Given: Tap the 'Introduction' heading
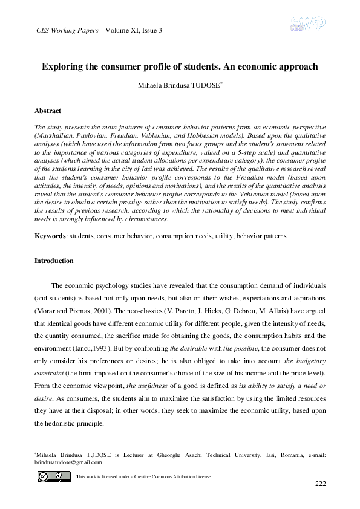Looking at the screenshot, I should tap(54, 261).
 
